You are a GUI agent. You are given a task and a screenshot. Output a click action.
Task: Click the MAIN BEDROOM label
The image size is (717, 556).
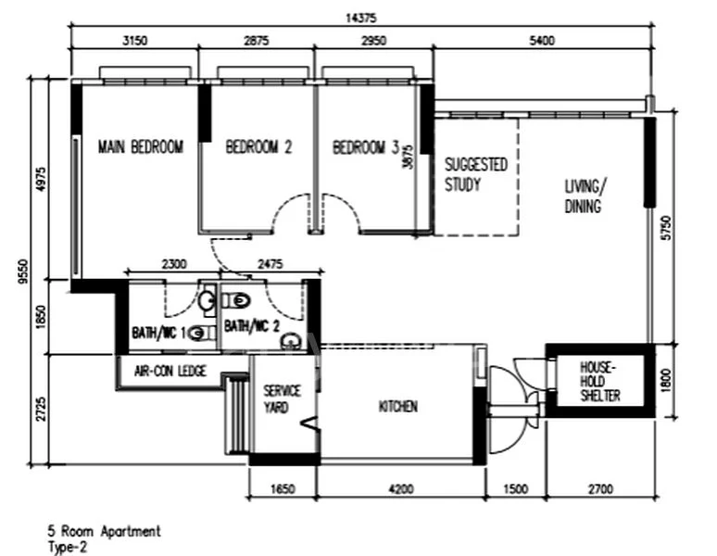pyautogui.click(x=141, y=146)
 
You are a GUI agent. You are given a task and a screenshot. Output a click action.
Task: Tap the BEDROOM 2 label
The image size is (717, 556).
pyautogui.click(x=258, y=146)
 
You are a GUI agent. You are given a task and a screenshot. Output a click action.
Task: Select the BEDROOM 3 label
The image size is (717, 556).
pyautogui.click(x=365, y=146)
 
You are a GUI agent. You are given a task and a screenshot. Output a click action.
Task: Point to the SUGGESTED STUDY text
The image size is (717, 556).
pyautogui.click(x=475, y=173)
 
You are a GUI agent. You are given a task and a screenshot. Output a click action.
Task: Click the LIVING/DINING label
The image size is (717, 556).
pyautogui.click(x=583, y=196)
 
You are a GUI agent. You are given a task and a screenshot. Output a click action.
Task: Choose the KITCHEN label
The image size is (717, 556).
pyautogui.click(x=397, y=407)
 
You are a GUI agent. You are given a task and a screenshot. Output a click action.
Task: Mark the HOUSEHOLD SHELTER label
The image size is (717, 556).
pyautogui.click(x=599, y=382)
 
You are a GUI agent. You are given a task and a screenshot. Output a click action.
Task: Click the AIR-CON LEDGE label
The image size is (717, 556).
pyautogui.click(x=170, y=372)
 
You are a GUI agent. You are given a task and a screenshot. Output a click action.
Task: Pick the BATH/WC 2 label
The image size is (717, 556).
pyautogui.click(x=250, y=326)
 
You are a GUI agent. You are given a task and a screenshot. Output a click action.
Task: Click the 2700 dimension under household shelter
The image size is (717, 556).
pyautogui.click(x=599, y=489)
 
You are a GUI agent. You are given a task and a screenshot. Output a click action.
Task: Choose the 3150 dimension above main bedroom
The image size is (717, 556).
pyautogui.click(x=135, y=40)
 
